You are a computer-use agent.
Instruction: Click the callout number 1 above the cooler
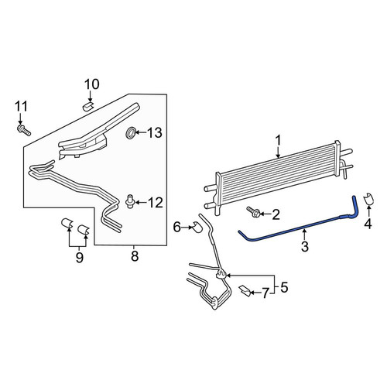pos(278,141)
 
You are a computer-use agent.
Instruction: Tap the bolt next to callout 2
pos(253,211)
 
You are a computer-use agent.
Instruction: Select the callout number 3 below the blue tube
pos(305,246)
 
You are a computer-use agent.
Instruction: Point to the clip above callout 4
pos(368,199)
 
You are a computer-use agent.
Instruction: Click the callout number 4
pos(368,224)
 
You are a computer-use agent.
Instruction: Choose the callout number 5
pos(284,287)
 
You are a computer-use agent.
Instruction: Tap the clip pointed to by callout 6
pos(198,226)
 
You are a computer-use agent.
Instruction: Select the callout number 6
pos(177,228)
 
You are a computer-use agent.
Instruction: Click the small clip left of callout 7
pos(245,291)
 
